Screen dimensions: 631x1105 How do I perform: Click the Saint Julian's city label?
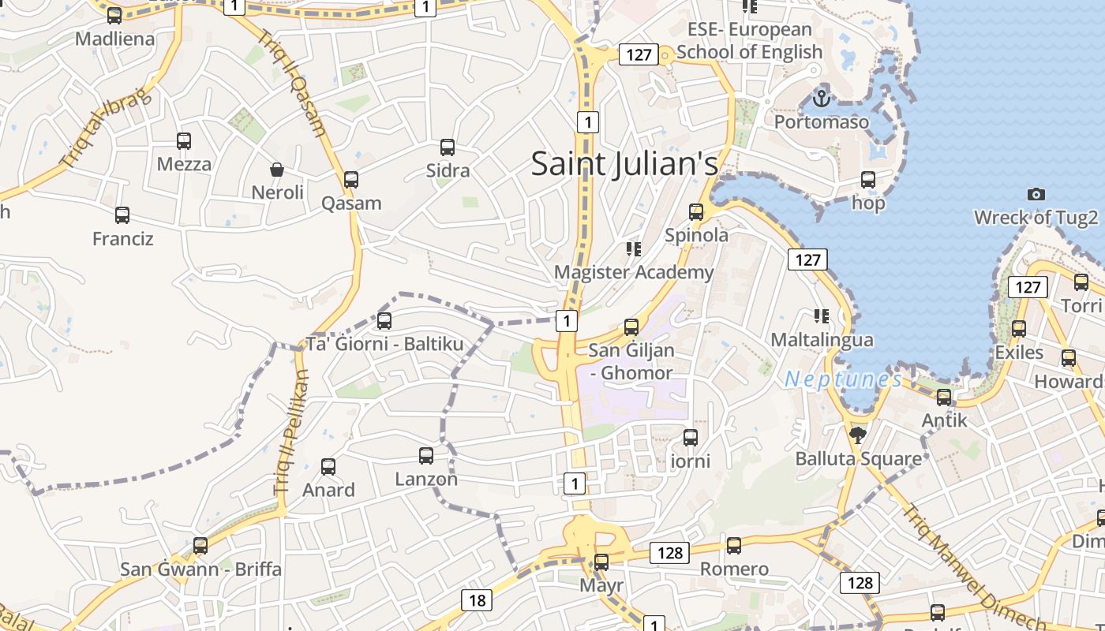pyautogui.click(x=624, y=164)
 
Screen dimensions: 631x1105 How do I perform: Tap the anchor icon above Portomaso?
pyautogui.click(x=822, y=99)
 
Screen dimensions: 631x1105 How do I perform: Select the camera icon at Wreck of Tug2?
pyautogui.click(x=1036, y=194)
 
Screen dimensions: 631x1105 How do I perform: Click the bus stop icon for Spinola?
pyautogui.click(x=695, y=211)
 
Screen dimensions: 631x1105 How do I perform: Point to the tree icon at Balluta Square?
pyautogui.click(x=857, y=435)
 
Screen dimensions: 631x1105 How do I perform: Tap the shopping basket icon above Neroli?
pyautogui.click(x=277, y=170)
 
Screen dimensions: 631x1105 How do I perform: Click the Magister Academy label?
pyautogui.click(x=634, y=272)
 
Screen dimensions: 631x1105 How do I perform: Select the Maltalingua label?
pyautogui.click(x=822, y=340)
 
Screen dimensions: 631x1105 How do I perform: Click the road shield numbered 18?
pyautogui.click(x=477, y=600)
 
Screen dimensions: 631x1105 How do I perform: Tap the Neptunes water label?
pyautogui.click(x=843, y=379)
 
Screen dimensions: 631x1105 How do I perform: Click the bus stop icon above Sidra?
pyautogui.click(x=448, y=147)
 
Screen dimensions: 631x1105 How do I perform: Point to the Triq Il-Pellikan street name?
pyautogui.click(x=291, y=431)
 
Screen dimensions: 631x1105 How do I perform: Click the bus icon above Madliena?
pyautogui.click(x=114, y=15)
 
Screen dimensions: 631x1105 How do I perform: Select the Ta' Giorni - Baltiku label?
pyautogui.click(x=384, y=344)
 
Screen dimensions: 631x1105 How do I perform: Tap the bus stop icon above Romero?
pyautogui.click(x=734, y=545)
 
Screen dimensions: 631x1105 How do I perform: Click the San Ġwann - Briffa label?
pyautogui.click(x=200, y=569)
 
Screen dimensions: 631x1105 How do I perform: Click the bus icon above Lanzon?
pyautogui.click(x=426, y=455)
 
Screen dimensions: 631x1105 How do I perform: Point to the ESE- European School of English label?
pyautogui.click(x=750, y=40)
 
